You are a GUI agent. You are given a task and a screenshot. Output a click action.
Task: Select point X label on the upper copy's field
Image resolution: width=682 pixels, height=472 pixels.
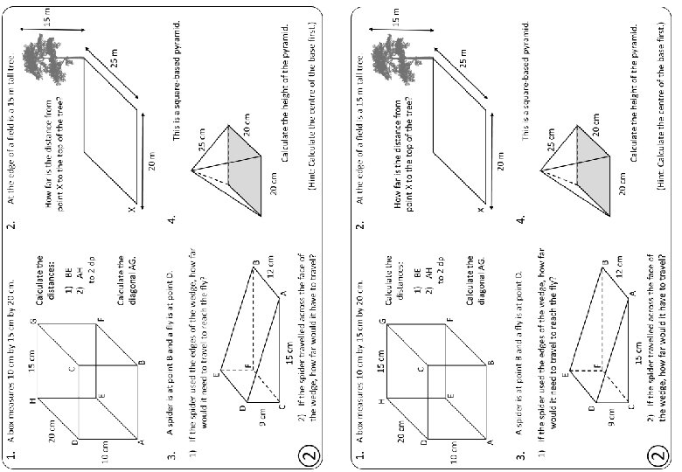[132, 210]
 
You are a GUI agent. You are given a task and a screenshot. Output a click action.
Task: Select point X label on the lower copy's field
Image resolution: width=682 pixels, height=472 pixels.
[479, 210]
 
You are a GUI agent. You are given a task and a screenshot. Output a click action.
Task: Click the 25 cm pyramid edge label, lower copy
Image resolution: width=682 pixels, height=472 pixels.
[551, 140]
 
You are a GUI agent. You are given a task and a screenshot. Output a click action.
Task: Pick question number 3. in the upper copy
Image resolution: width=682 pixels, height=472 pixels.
[174, 455]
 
